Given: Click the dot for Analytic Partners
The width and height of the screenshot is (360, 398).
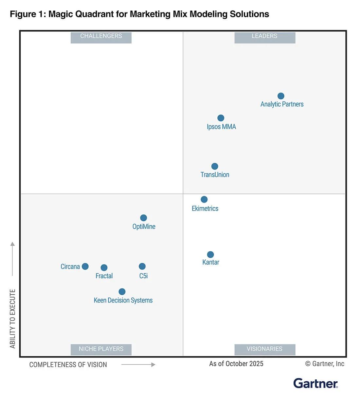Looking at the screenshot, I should pyautogui.click(x=281, y=96).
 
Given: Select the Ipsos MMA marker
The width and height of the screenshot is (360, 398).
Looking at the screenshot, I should pyautogui.click(x=221, y=118).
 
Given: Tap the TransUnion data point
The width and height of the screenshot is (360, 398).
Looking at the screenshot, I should pyautogui.click(x=215, y=166).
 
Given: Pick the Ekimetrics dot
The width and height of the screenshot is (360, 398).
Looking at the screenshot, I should pyautogui.click(x=204, y=199).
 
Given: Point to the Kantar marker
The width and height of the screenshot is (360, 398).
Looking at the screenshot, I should pyautogui.click(x=210, y=254).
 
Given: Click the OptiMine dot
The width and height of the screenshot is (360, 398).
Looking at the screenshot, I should pyautogui.click(x=143, y=218).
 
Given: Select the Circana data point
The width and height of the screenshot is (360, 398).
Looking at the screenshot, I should pyautogui.click(x=85, y=266).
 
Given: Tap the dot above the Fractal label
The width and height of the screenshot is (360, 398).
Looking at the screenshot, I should pyautogui.click(x=104, y=268).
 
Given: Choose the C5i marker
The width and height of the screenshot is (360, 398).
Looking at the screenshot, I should pyautogui.click(x=142, y=266).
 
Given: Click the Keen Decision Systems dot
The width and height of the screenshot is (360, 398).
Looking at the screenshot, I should pyautogui.click(x=122, y=291).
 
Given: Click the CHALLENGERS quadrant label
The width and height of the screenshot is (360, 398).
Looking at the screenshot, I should pyautogui.click(x=101, y=36).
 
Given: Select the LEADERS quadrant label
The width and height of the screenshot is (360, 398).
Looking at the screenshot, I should pyautogui.click(x=264, y=36).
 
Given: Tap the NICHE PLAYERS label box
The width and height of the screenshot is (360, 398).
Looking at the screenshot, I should pyautogui.click(x=101, y=349).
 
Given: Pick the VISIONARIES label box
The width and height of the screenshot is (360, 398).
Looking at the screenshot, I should pyautogui.click(x=264, y=349).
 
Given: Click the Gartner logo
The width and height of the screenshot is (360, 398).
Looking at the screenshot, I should pyautogui.click(x=315, y=383).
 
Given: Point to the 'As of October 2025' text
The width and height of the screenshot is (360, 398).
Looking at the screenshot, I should pyautogui.click(x=236, y=364).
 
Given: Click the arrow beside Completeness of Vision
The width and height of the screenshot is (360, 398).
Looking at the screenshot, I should pyautogui.click(x=138, y=364).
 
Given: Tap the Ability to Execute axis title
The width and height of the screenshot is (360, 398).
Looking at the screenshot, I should pyautogui.click(x=13, y=319).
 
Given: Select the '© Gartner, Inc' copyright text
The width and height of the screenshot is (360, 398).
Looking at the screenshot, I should pyautogui.click(x=325, y=364).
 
